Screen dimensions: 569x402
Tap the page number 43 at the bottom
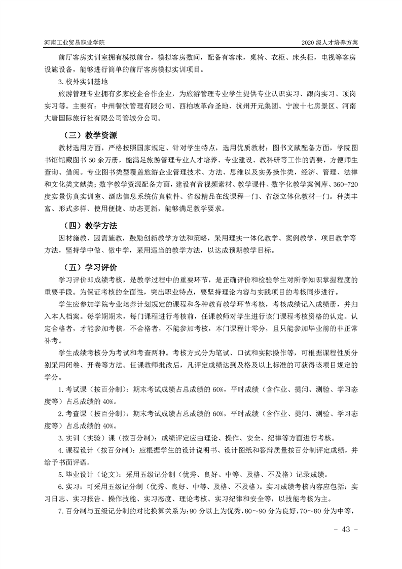coord(346,529)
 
